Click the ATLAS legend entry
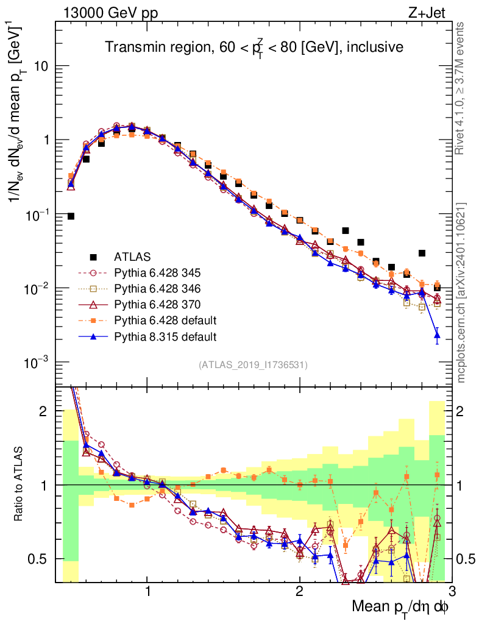pyautogui.click(x=132, y=257)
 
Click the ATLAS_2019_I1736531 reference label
pyautogui.click(x=253, y=365)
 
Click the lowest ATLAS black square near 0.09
pyautogui.click(x=71, y=216)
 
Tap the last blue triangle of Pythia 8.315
pyautogui.click(x=437, y=335)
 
